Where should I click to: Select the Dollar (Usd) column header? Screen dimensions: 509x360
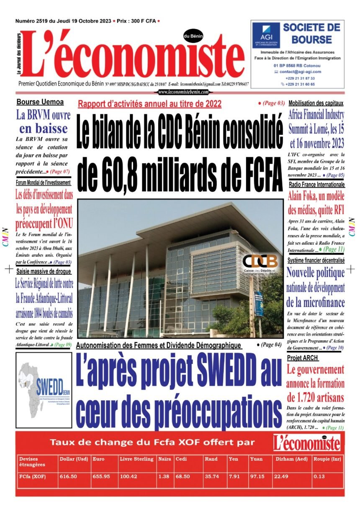point(74,459)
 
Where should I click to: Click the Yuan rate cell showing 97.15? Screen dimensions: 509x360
point(257,476)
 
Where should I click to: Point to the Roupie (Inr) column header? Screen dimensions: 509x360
point(327,459)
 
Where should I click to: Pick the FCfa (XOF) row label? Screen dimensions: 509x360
point(33,476)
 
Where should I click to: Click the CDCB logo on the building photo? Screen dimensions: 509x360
point(260,262)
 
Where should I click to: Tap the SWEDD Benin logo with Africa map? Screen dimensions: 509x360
point(38,385)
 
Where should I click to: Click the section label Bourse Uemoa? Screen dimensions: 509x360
point(40,102)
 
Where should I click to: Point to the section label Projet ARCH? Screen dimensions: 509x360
point(303,358)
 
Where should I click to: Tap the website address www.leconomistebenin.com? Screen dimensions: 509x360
point(183,92)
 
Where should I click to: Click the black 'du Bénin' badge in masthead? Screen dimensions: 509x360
point(193,37)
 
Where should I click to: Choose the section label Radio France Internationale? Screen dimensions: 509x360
point(316,184)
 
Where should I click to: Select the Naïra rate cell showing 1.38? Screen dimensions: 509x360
point(165,476)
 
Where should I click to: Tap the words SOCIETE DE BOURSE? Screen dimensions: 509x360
point(311,33)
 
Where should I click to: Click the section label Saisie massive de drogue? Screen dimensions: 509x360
point(44,271)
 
